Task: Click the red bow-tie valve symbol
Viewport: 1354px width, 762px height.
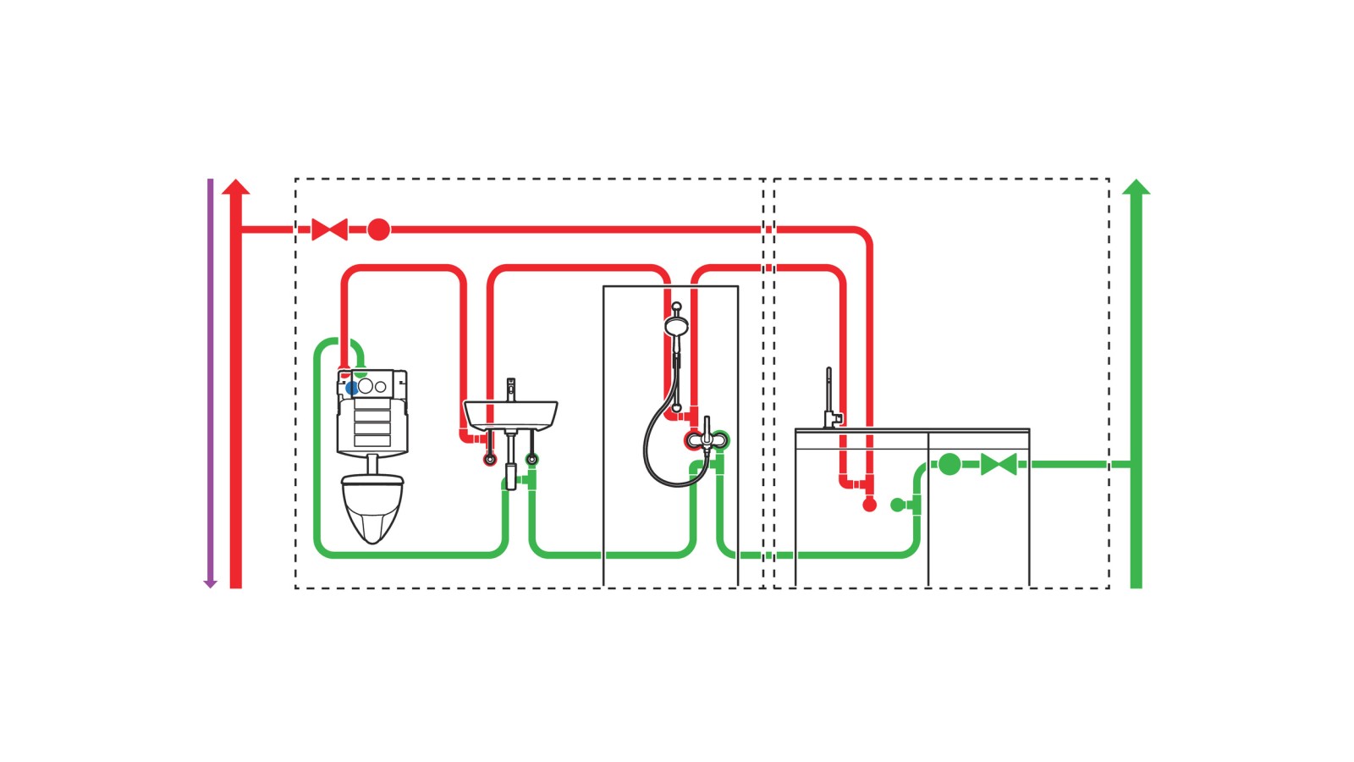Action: point(329,229)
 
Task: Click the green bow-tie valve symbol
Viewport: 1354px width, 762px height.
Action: point(999,465)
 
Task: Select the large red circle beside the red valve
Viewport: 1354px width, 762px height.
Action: point(378,229)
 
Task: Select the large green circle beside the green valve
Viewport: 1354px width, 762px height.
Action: point(949,464)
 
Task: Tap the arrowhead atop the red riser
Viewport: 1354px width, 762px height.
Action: point(236,186)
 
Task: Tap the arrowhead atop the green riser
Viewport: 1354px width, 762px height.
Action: point(1137,186)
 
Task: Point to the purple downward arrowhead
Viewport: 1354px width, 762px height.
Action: point(211,583)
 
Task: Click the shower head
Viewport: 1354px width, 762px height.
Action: point(676,326)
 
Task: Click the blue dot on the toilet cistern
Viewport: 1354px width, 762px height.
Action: point(351,388)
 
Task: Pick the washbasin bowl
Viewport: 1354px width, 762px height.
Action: point(510,415)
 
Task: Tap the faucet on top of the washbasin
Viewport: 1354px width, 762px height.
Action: point(510,389)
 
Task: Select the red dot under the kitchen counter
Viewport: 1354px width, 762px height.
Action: point(869,505)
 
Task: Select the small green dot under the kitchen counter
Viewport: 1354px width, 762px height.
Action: point(897,505)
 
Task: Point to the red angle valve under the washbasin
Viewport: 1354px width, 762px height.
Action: point(489,460)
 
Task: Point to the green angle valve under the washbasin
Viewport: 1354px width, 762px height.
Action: point(531,460)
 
